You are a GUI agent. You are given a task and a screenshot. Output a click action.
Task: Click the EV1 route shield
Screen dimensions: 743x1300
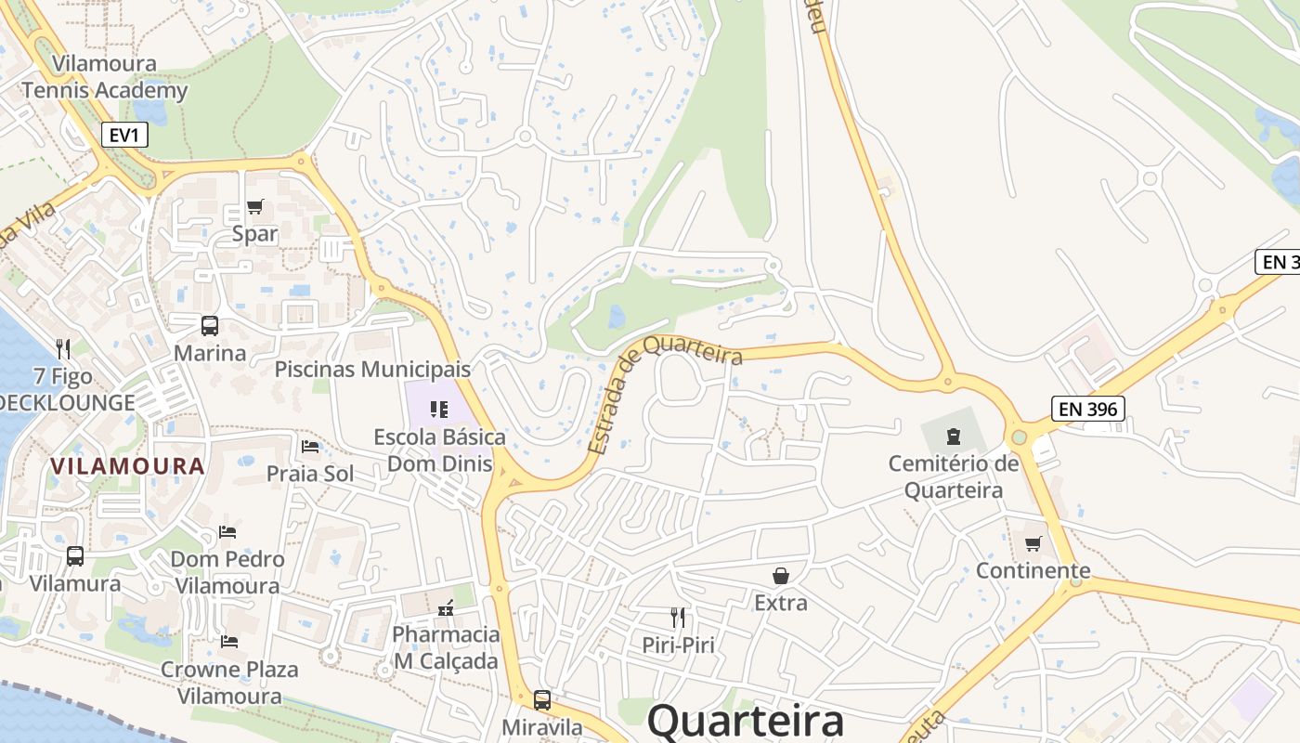pos(123,136)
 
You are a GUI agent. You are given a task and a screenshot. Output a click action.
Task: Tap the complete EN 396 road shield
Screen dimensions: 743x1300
pos(1088,408)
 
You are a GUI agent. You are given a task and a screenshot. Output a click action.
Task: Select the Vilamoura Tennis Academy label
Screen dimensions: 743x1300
pos(105,77)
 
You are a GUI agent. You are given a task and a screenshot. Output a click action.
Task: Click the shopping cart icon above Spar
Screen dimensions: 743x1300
pos(254,207)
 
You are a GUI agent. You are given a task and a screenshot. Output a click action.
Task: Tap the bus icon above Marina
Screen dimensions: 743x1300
pos(210,326)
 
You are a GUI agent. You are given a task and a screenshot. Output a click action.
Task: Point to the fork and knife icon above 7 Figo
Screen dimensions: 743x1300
pos(63,349)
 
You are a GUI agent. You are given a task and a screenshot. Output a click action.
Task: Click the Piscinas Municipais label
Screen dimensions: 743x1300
pos(372,369)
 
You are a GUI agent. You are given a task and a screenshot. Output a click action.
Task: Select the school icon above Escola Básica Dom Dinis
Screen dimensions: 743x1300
pos(439,410)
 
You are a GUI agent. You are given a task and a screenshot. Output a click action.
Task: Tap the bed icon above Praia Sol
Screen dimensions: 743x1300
pos(310,447)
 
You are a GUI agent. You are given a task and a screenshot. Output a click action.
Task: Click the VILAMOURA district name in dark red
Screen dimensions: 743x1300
pos(127,466)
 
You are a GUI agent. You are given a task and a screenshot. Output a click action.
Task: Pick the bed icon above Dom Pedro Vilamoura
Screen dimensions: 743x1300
pos(227,532)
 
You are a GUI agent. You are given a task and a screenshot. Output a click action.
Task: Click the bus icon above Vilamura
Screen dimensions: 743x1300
pos(75,556)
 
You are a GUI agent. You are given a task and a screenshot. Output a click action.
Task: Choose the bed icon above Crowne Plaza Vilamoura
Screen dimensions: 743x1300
pos(229,642)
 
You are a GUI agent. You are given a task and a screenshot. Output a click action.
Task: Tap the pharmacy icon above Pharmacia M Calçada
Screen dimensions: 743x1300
pos(446,607)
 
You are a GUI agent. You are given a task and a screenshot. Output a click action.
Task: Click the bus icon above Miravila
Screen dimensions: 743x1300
pos(542,700)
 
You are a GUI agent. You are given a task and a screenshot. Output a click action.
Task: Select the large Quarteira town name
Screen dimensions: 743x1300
pos(746,721)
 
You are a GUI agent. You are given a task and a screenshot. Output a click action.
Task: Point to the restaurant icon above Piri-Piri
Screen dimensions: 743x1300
pos(679,617)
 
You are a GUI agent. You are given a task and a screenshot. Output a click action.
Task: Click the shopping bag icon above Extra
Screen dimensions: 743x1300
pos(781,576)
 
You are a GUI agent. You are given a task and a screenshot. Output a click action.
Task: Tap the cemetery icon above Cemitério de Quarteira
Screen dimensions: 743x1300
pos(953,436)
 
